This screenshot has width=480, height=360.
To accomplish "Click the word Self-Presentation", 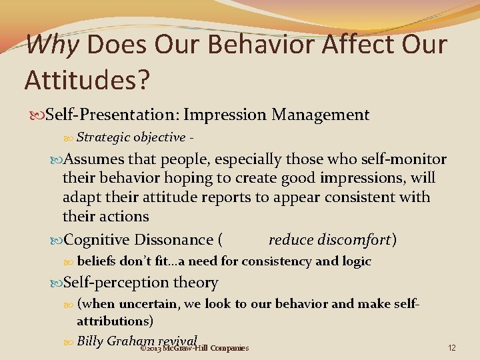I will tap(123, 115).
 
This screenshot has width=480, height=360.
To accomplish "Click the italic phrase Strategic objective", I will tap(131, 137).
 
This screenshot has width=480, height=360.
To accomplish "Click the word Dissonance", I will tap(173, 239).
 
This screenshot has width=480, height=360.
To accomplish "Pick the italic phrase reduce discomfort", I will tap(329, 239).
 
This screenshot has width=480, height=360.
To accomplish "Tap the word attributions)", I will tap(115, 321).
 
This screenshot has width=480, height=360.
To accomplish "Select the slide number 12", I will tap(452, 348).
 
